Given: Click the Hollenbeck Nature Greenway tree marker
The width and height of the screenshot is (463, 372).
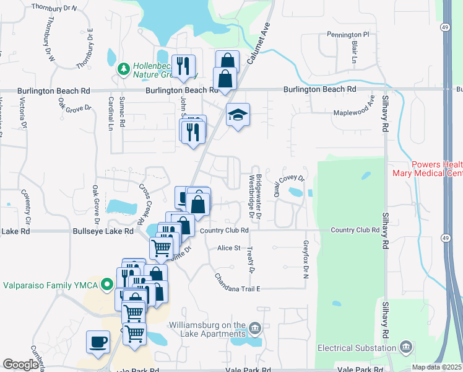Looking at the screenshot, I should click(x=123, y=67).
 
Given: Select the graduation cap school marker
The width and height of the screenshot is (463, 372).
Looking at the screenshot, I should click(x=237, y=115).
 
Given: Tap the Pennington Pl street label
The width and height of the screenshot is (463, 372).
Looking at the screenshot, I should click(x=348, y=35).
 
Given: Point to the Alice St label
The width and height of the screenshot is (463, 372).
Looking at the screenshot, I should click(x=228, y=248).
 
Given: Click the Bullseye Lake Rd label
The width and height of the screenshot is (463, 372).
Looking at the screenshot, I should click(x=103, y=231).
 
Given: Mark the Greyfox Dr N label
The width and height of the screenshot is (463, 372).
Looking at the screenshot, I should click(x=305, y=260).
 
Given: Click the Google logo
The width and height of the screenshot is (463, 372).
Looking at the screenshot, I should click(x=20, y=365).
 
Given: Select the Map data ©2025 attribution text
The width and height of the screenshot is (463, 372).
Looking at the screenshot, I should click(x=437, y=367).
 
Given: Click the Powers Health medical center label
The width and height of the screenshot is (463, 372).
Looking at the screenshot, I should click(x=427, y=168).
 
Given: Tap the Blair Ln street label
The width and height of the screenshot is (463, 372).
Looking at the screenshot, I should click(x=355, y=53).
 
